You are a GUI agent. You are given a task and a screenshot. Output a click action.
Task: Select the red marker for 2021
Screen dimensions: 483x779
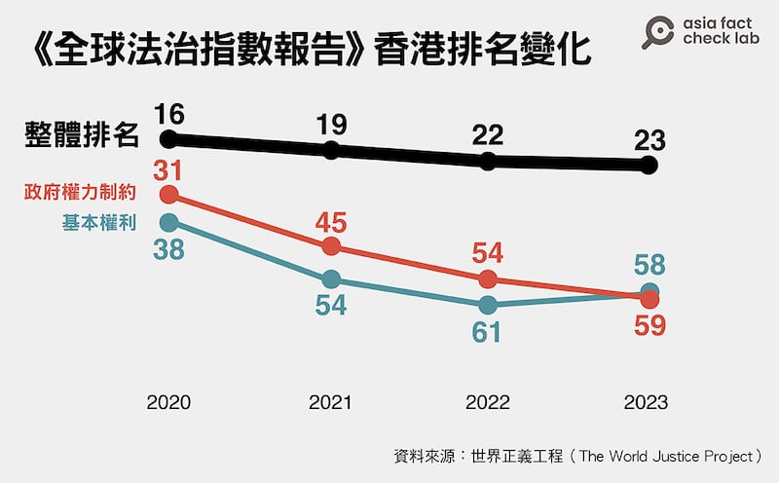click(331, 245)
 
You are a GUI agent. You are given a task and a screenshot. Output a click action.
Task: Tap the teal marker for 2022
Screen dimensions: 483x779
click(488, 305)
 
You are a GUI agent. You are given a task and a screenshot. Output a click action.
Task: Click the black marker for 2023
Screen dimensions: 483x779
click(649, 166)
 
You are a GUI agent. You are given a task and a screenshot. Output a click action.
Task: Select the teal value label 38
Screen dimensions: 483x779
click(169, 250)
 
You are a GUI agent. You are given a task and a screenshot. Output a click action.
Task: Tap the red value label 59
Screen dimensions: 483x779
click(649, 326)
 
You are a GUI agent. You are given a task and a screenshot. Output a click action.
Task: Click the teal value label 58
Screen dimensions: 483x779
click(649, 265)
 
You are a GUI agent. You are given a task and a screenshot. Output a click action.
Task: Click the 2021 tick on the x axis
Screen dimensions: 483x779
click(331, 402)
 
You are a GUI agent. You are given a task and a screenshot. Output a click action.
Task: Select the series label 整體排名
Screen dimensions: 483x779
click(82, 135)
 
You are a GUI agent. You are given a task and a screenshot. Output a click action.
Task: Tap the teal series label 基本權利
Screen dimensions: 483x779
click(98, 223)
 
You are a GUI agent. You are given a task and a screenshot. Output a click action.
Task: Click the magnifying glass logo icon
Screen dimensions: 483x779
click(661, 31)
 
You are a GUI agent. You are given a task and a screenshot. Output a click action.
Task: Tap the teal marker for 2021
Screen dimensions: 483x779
click(331, 279)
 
